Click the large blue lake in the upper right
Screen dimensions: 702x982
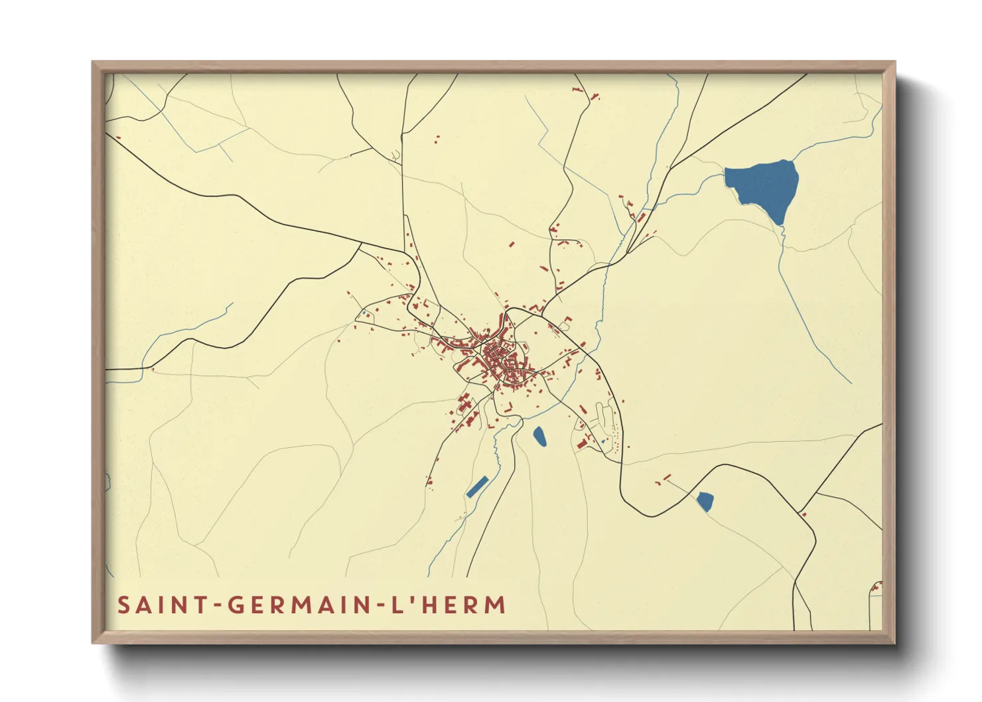coord(763,186)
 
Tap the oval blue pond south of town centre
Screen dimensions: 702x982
coord(540,436)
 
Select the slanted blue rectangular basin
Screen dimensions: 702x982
coord(477,487)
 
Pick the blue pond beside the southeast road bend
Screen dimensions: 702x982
coord(705,501)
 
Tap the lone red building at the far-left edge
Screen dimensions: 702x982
coord(118,138)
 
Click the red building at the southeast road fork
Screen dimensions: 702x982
coord(804,514)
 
